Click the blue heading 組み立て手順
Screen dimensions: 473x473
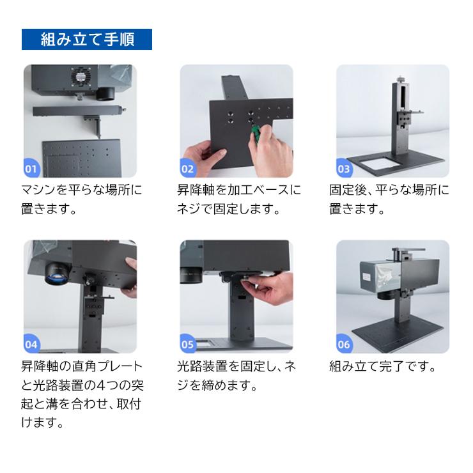(x=88, y=40)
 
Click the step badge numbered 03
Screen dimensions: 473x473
(x=344, y=169)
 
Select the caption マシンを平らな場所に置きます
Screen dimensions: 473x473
(x=81, y=199)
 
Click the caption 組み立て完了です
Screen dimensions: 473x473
(x=383, y=367)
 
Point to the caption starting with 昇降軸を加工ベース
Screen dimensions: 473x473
(x=238, y=199)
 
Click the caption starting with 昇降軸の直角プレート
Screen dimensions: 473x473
(x=81, y=394)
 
